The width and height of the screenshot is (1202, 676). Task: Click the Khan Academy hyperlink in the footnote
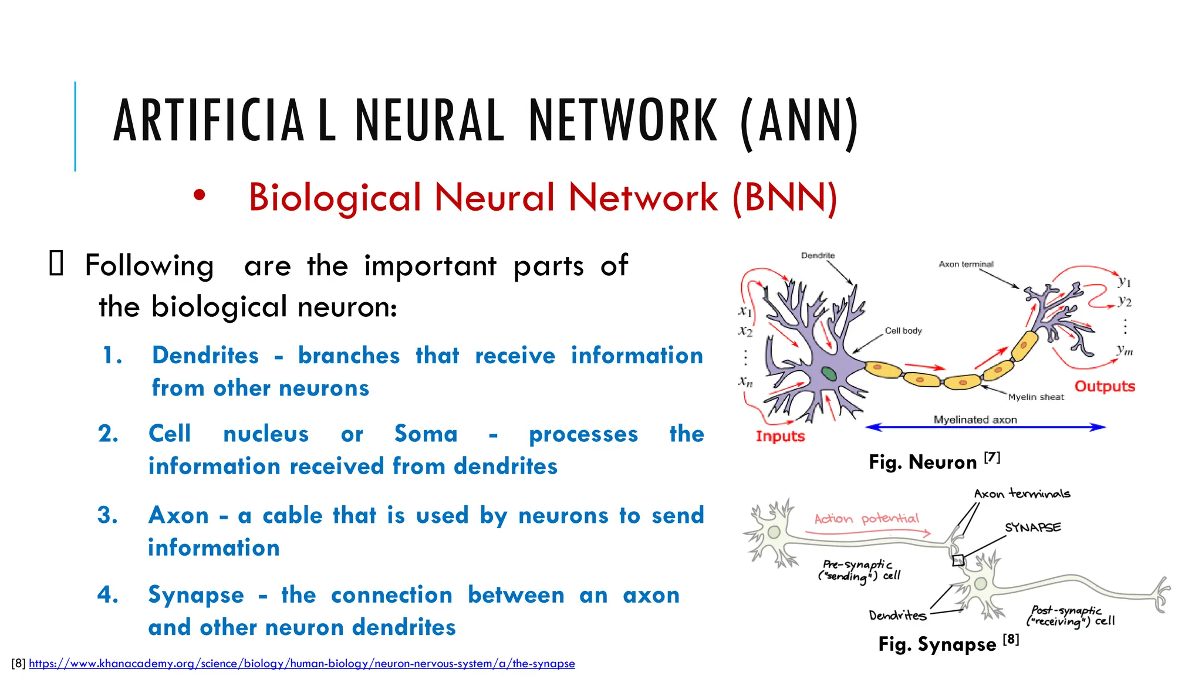(302, 664)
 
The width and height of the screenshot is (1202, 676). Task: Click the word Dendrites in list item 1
(205, 356)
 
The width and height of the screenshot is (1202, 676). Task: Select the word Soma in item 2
(426, 434)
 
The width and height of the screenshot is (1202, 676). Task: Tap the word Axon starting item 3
(178, 515)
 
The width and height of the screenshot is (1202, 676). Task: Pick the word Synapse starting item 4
(196, 595)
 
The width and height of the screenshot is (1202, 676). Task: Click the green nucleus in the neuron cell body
(829, 373)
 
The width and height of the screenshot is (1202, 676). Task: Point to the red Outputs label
(1105, 386)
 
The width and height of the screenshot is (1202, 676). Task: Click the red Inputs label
(780, 436)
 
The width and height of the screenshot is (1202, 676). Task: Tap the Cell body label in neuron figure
(903, 331)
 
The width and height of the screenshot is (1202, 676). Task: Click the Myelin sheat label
(1036, 397)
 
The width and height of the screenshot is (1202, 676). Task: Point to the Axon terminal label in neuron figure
(965, 264)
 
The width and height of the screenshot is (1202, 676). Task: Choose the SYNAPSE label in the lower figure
(1032, 528)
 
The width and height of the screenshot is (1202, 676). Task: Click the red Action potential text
(866, 519)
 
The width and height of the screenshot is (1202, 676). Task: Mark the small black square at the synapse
(958, 560)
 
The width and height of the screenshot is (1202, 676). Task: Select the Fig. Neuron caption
(933, 462)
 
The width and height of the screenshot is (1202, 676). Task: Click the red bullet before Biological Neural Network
(200, 197)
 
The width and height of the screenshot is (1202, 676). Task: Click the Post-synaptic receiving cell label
(1070, 616)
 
